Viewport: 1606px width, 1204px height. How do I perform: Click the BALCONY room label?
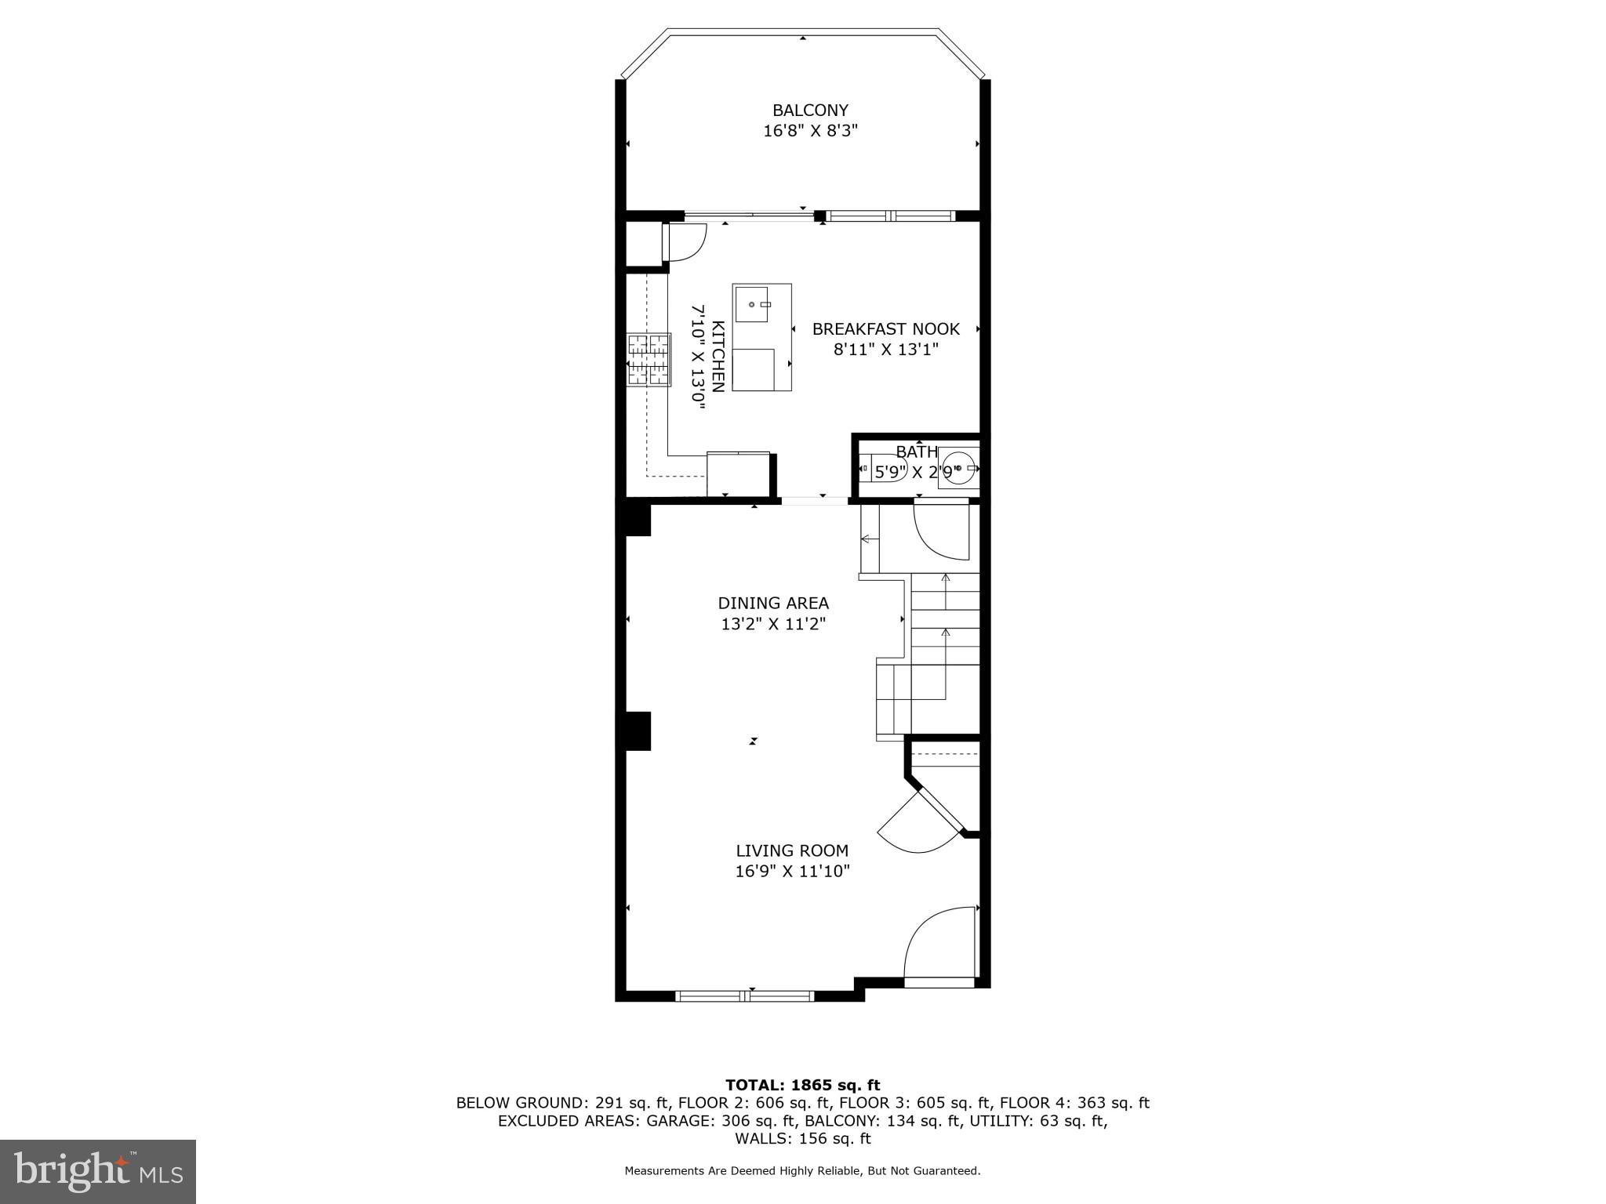click(x=810, y=111)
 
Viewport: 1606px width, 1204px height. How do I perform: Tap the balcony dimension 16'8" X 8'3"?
click(x=810, y=131)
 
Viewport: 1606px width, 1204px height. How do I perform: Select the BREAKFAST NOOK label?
click(x=885, y=329)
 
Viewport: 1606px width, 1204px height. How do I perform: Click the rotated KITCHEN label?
click(x=718, y=356)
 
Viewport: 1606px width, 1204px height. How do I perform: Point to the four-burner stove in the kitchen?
click(x=649, y=360)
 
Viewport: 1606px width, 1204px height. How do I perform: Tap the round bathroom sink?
click(x=957, y=468)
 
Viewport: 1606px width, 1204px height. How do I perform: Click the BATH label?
click(x=916, y=452)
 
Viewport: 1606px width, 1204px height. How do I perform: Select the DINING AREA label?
click(x=773, y=603)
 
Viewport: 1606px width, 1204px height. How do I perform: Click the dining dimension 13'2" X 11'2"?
click(x=773, y=624)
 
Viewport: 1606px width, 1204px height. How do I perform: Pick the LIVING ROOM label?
click(x=792, y=850)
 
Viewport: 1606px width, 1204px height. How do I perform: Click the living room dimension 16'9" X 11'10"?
click(x=792, y=871)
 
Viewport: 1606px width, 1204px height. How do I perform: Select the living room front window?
click(x=744, y=996)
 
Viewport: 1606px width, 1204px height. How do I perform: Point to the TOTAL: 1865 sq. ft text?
click(x=802, y=1086)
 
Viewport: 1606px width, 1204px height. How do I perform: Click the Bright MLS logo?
click(x=98, y=1172)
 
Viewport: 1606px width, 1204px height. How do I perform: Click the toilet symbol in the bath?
click(x=878, y=471)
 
